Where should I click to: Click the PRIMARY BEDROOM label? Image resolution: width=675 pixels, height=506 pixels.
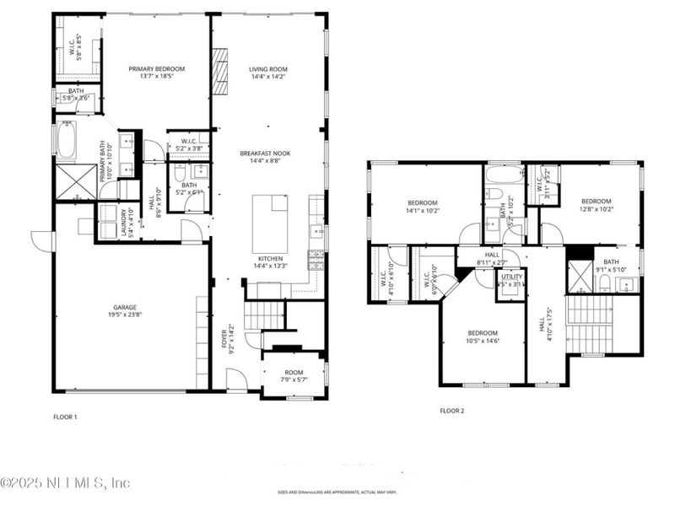pos(156,69)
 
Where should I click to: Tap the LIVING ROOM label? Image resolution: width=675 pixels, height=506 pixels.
pos(268,69)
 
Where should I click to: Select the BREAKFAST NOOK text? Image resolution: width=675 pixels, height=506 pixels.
pos(268,153)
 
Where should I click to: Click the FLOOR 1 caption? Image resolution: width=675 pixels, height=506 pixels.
pos(65,417)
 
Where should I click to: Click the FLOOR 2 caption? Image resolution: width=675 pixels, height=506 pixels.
pos(451,411)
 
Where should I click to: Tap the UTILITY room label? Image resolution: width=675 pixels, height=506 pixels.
pos(511,277)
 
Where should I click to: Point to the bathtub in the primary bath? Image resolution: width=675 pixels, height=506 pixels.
pos(67,140)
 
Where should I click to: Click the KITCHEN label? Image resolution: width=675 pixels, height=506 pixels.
pos(268,258)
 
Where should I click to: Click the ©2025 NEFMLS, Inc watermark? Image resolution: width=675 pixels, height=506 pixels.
pos(66,483)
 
